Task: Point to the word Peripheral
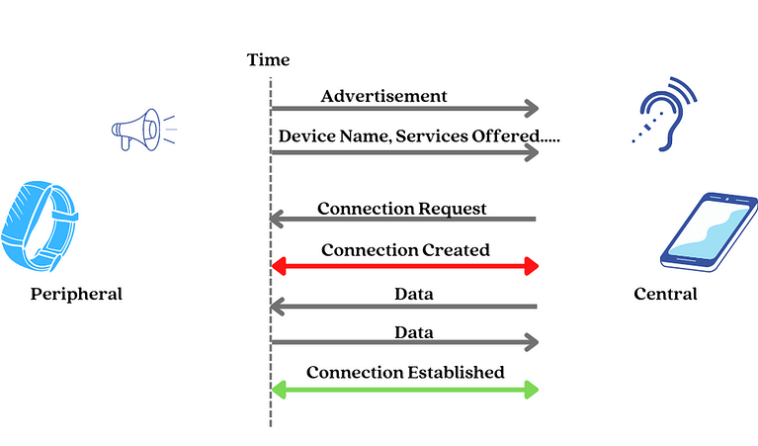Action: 76,294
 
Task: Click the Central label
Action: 665,294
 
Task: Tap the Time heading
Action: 268,60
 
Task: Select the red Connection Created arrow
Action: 404,266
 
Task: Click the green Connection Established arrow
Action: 404,389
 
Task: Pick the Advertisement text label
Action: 383,96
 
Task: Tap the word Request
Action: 452,209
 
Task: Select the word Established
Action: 458,373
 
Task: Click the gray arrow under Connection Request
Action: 404,219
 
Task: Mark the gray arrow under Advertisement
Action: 404,108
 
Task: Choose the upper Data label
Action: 413,294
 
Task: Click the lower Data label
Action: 413,332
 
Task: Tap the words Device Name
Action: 325,134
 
